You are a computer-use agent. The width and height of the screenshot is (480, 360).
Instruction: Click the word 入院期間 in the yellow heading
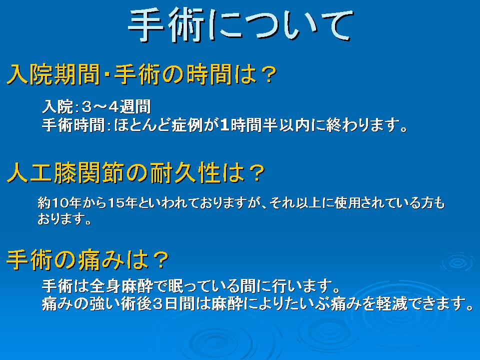click(x=53, y=74)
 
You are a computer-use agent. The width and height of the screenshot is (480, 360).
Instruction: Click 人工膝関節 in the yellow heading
click(x=65, y=173)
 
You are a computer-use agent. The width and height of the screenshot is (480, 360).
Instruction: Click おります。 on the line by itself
click(x=64, y=219)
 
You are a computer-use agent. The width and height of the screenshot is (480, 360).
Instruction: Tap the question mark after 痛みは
click(x=160, y=260)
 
